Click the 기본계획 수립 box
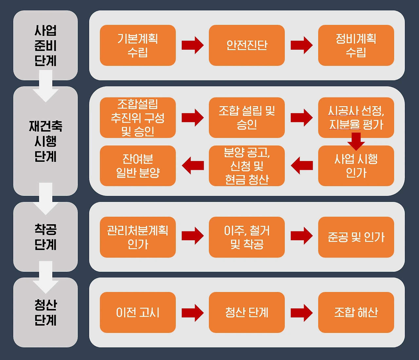pyautogui.click(x=137, y=45)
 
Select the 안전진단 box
pyautogui.click(x=246, y=45)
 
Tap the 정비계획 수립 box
pyautogui.click(x=356, y=45)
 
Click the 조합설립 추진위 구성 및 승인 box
pyautogui.click(x=137, y=117)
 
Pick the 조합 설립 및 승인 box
pyautogui.click(x=246, y=117)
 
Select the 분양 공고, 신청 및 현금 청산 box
pyautogui.click(x=246, y=166)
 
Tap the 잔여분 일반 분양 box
pyautogui.click(x=137, y=166)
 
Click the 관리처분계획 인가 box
pyautogui.click(x=137, y=237)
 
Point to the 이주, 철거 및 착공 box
pyautogui.click(x=246, y=237)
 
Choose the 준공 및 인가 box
pyautogui.click(x=356, y=237)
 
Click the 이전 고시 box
pyautogui.click(x=137, y=312)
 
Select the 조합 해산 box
pyautogui.click(x=356, y=312)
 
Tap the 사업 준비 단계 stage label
pyautogui.click(x=46, y=45)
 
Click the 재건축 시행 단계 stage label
pyautogui.click(x=46, y=141)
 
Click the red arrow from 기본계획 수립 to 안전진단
pyautogui.click(x=192, y=45)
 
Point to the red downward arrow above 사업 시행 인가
pyautogui.click(x=356, y=140)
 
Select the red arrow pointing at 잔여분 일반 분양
pyautogui.click(x=192, y=165)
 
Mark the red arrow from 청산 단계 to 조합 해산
pyautogui.click(x=301, y=313)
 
